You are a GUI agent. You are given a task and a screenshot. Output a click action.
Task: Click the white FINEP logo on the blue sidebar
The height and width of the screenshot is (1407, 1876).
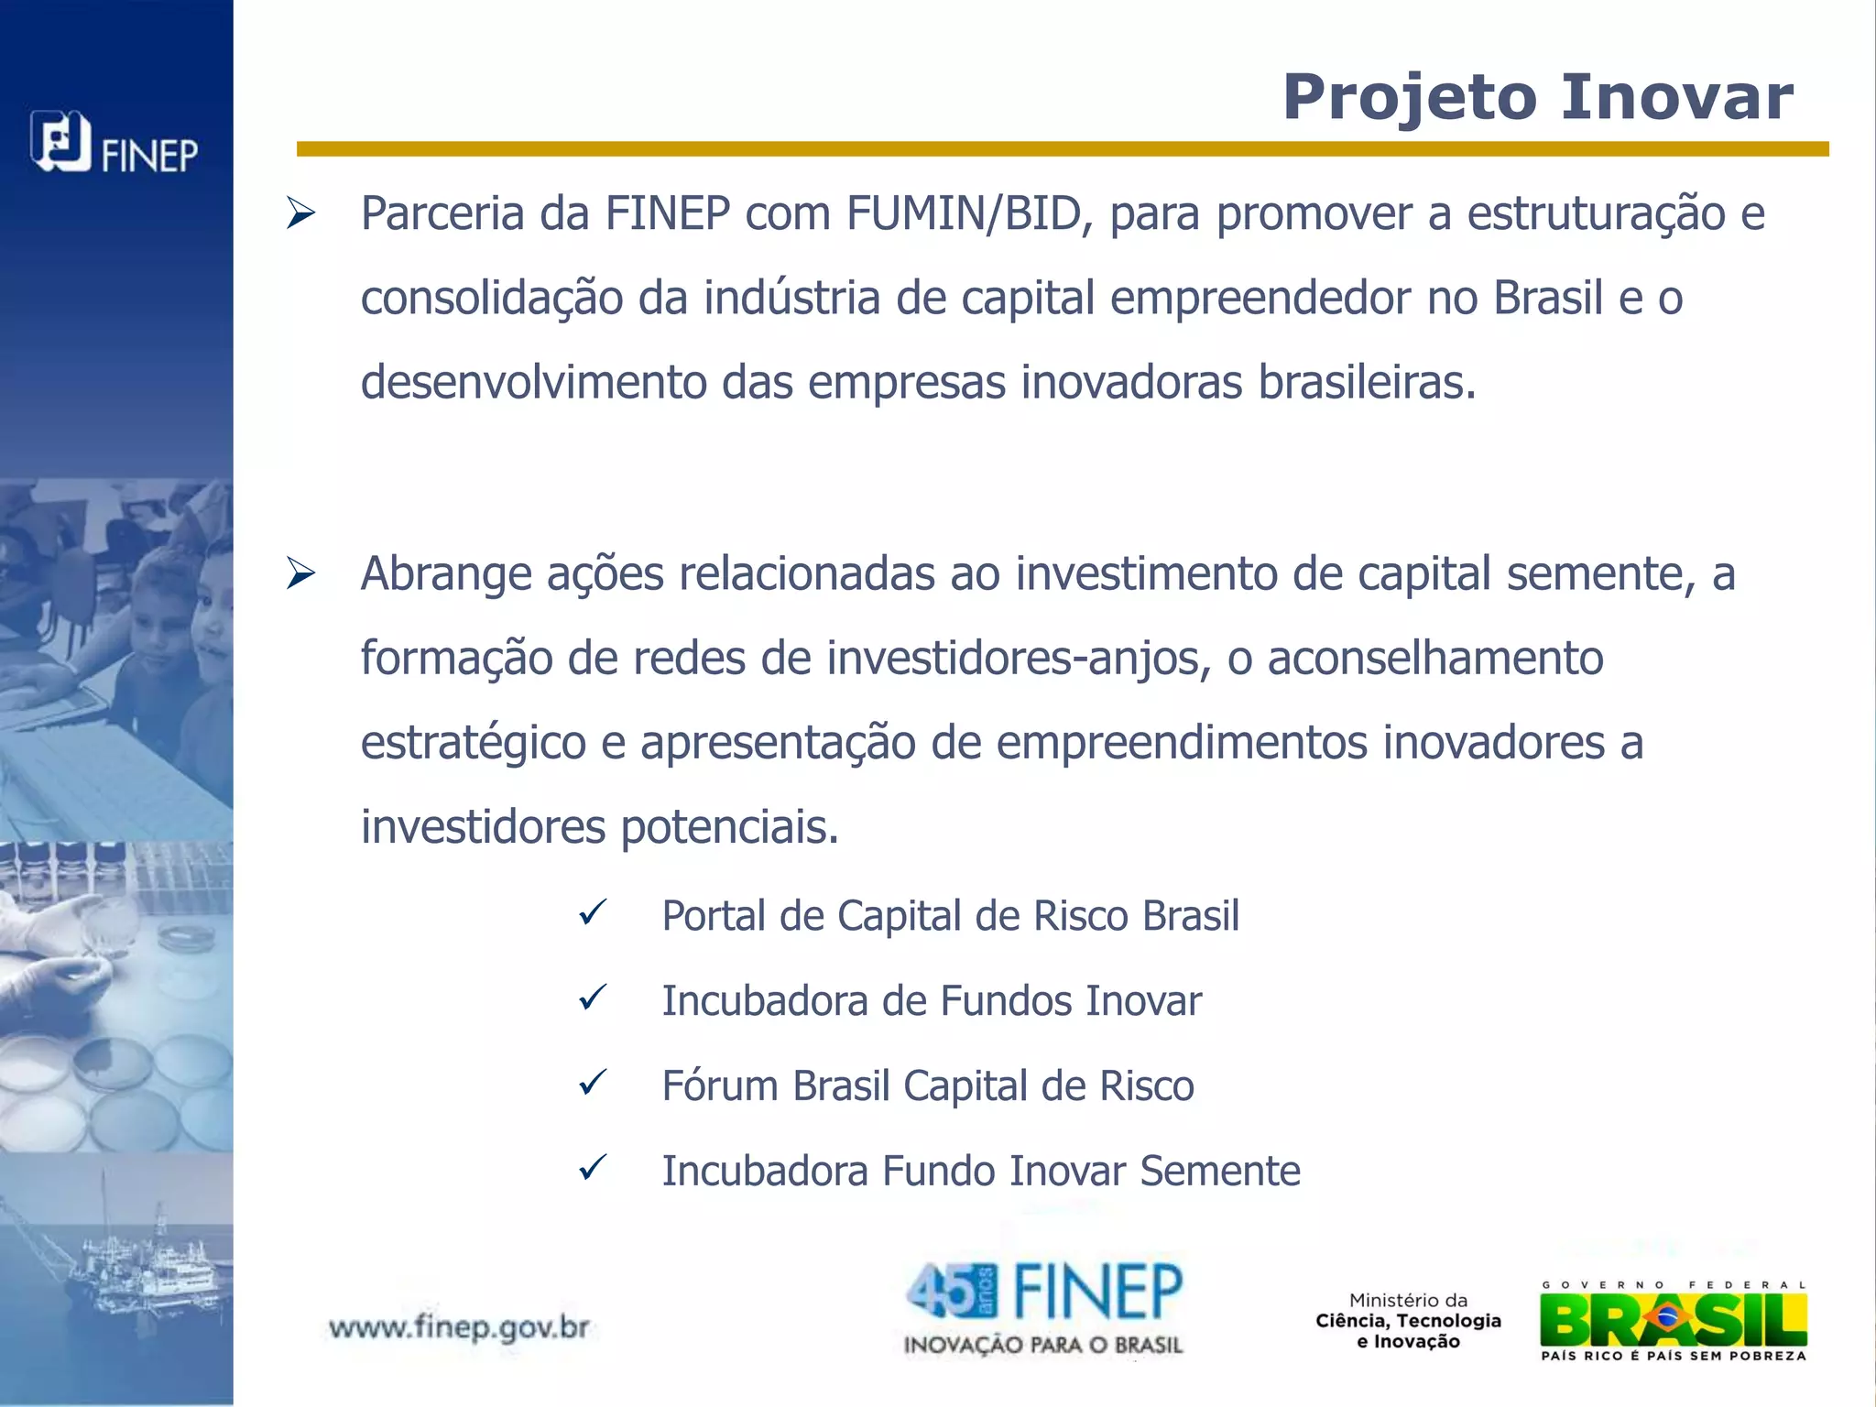point(115,144)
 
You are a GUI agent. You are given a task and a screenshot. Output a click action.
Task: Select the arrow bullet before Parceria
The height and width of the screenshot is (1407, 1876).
point(300,213)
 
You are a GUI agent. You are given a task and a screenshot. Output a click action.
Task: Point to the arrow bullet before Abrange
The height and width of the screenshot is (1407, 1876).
point(300,574)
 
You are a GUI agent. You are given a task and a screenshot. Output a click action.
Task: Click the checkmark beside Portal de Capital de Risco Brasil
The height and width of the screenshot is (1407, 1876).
point(594,912)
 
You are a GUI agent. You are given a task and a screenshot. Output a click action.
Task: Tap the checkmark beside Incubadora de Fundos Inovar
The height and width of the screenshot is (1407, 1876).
point(594,998)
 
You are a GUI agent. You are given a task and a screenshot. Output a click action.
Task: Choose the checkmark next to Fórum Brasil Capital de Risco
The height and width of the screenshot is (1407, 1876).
point(594,1083)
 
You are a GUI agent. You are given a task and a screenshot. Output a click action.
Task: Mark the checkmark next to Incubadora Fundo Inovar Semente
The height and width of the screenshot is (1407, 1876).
point(594,1168)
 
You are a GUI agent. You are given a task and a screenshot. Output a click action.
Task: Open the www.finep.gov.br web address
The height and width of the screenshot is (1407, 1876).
point(459,1326)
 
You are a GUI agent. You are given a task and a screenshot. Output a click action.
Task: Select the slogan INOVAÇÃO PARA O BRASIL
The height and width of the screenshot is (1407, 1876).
point(1043,1345)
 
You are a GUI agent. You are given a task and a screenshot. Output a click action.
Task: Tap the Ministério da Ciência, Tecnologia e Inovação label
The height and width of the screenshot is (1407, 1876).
point(1409,1321)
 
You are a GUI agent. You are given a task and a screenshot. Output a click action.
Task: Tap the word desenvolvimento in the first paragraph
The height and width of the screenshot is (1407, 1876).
point(533,382)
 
